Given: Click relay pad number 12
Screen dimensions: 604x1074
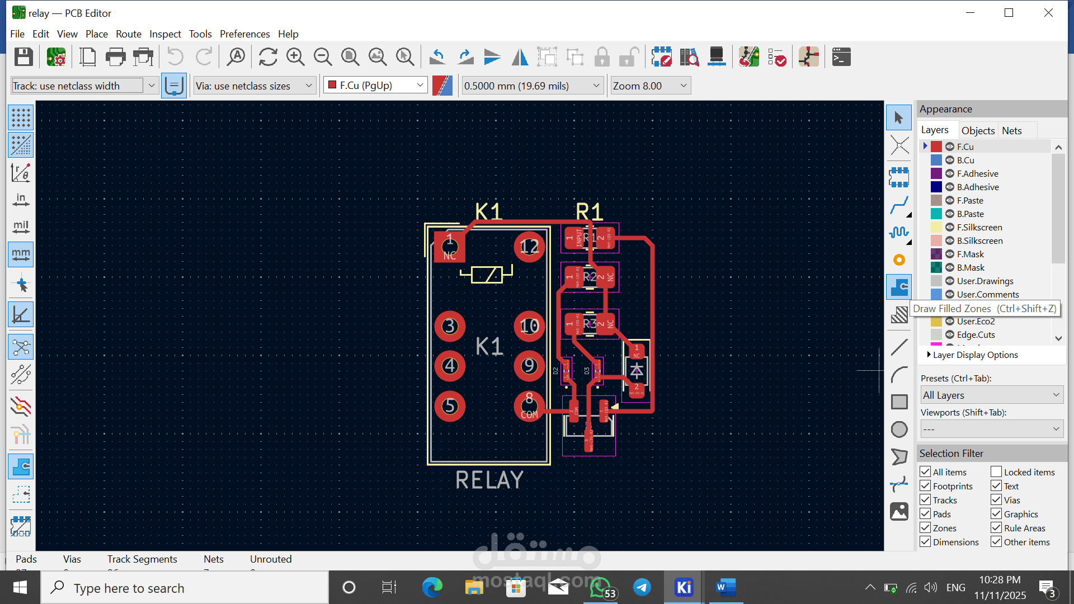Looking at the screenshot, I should (529, 247).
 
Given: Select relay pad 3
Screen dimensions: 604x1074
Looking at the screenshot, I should (450, 326).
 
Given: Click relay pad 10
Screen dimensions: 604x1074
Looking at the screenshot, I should (529, 326).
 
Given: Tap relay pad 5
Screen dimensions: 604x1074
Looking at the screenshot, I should (450, 406).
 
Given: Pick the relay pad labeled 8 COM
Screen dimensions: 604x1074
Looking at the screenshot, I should (529, 406).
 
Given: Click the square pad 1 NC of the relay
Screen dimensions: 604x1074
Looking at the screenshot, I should (450, 247).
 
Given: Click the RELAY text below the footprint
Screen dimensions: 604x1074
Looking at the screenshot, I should (489, 480).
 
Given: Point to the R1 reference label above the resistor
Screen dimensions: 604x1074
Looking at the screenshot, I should (589, 212).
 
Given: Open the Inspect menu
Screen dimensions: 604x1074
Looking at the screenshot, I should (165, 34).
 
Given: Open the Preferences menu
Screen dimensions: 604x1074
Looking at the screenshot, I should (244, 34).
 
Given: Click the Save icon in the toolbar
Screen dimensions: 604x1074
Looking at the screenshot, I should (23, 57).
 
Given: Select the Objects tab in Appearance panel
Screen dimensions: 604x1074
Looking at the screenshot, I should (978, 130).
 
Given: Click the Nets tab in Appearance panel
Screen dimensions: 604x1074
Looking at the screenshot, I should (1011, 130).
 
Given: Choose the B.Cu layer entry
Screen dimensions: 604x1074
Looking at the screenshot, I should (965, 160).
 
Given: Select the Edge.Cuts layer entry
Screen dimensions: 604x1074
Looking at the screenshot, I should (976, 334).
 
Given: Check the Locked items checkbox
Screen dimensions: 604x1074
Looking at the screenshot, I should (996, 472).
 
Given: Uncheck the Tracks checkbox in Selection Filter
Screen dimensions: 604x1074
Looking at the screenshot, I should (925, 500).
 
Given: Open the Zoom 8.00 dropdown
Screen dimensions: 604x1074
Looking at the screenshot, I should (650, 86).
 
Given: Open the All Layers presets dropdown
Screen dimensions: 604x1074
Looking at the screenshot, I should (991, 395).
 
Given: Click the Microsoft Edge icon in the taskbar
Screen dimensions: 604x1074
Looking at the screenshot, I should (432, 587).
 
